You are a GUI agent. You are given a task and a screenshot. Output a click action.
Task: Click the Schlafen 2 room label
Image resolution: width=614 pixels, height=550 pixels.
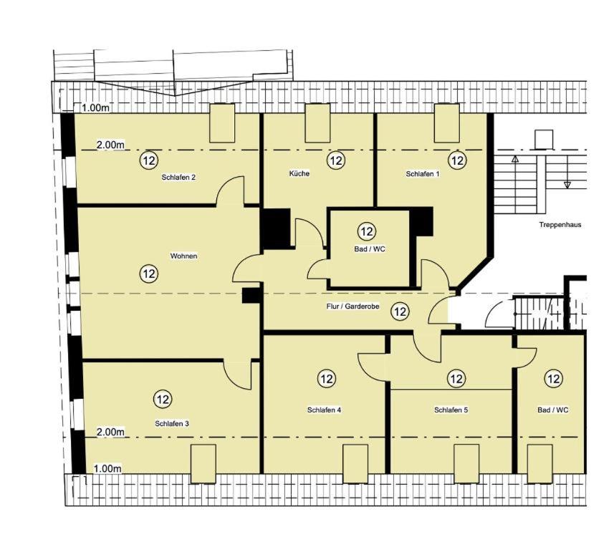point(178,178)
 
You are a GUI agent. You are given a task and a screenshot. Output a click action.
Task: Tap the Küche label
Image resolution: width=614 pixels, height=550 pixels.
point(299,173)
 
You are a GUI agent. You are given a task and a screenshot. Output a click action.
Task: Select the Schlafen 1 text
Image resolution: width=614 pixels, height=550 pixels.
point(423,174)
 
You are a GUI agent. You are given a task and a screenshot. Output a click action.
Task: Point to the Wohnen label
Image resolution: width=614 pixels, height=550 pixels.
point(183,256)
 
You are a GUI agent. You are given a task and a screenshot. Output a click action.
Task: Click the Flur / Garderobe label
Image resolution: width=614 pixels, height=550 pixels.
point(352,307)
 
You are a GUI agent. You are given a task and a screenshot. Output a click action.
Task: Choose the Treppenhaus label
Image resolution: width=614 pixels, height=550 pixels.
point(560,225)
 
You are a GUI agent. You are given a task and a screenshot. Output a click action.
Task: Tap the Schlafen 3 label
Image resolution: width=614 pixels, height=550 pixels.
point(172,423)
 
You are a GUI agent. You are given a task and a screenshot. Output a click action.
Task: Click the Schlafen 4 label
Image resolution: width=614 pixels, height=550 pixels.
point(325,410)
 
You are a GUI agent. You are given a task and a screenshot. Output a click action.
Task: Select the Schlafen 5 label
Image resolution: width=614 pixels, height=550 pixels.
point(451,410)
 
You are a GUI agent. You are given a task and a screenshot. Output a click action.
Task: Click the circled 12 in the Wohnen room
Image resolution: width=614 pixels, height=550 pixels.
point(149,274)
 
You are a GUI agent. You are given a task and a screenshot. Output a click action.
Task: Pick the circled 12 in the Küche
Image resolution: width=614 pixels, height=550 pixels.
point(336,160)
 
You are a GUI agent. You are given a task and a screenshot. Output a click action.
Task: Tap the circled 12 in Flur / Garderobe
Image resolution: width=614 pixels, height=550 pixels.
point(400,312)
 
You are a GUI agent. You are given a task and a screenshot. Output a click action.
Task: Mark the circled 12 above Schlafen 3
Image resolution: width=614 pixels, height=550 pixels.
point(163,400)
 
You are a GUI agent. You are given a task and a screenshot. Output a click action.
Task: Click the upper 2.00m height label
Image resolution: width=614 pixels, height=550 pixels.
point(110,145)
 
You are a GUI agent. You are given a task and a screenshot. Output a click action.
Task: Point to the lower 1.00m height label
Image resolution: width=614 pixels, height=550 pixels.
point(107,468)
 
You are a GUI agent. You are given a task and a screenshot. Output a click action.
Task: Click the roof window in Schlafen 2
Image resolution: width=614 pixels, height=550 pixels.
point(222,123)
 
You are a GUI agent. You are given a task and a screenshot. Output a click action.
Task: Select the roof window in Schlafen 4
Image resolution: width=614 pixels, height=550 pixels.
point(355,464)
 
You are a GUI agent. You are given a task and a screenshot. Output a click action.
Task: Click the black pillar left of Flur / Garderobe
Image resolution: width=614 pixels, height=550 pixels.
point(251,296)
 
